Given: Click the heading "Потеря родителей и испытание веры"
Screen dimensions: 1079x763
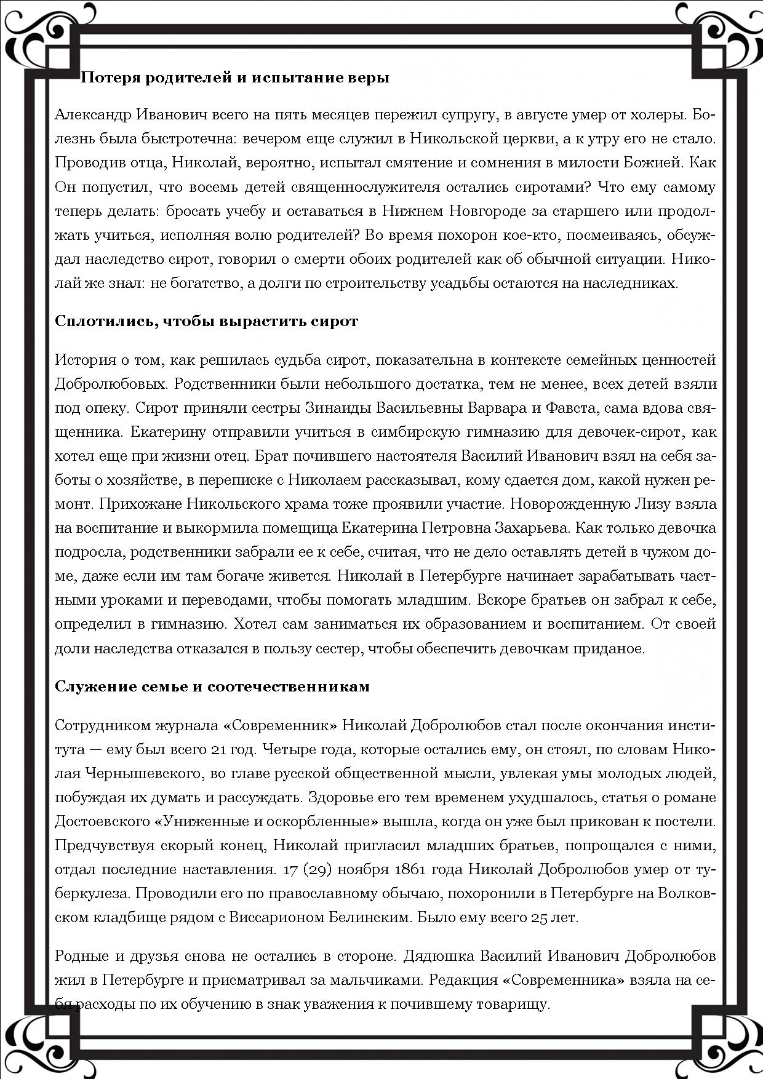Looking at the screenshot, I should click(235, 78).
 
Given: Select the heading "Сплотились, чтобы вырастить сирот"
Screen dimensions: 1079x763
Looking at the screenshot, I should click(206, 321).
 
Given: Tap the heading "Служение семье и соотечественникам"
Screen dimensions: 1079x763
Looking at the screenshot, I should click(212, 686).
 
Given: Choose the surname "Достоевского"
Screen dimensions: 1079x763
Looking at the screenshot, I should click(102, 821).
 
